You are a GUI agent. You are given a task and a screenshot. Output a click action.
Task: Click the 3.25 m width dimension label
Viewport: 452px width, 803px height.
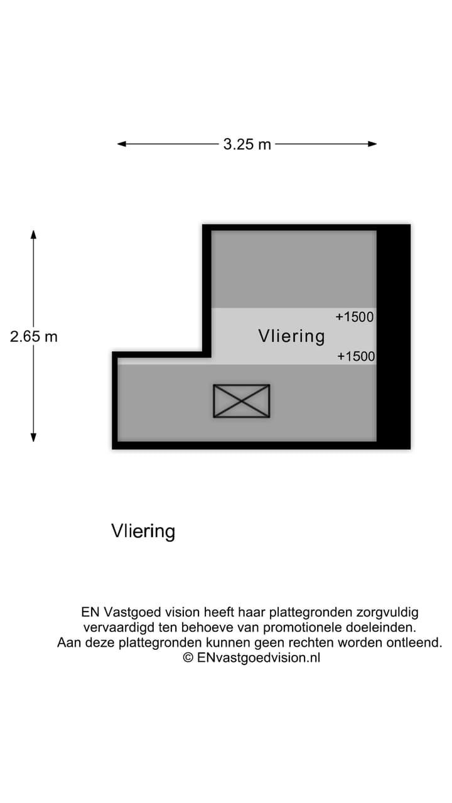click(x=247, y=144)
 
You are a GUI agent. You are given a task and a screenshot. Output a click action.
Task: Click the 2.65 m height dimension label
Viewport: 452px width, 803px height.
click(x=34, y=336)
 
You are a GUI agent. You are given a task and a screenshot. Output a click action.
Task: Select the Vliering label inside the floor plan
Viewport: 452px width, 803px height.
click(x=291, y=336)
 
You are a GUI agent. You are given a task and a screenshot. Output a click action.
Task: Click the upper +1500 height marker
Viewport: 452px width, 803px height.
click(x=355, y=317)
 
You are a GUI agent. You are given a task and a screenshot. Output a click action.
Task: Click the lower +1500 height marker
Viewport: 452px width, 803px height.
click(x=356, y=356)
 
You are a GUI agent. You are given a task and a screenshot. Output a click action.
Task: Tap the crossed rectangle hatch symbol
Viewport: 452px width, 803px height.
click(x=242, y=401)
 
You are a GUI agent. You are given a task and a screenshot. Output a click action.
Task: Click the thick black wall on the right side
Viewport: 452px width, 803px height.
click(x=394, y=336)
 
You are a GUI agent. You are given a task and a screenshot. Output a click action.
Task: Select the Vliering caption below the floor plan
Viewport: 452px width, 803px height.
click(x=143, y=531)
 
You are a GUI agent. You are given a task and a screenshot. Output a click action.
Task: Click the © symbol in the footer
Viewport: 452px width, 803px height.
click(x=188, y=658)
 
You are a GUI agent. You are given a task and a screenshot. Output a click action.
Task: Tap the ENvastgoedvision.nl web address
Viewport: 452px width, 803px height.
click(x=258, y=658)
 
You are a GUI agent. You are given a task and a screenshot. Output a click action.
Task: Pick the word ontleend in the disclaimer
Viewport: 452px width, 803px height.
click(x=419, y=642)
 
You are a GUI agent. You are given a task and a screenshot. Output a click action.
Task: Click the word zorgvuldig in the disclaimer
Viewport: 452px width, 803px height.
click(x=388, y=612)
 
